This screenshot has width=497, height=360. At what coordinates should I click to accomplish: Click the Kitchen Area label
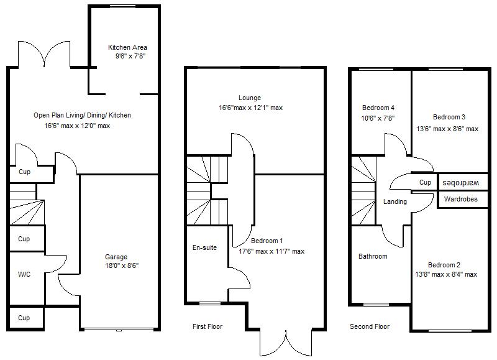[127, 47]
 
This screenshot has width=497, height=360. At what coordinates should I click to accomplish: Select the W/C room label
[24, 274]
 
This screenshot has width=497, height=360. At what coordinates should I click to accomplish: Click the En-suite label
[204, 247]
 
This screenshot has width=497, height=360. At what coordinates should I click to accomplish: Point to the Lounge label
[249, 98]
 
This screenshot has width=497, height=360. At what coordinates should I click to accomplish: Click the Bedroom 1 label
[267, 241]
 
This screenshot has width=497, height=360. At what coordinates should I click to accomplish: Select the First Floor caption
[207, 326]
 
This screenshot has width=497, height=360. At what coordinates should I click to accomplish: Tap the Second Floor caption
[370, 326]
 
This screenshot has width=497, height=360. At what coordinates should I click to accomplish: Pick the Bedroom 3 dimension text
[447, 129]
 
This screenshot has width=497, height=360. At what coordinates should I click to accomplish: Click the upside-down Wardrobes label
[460, 183]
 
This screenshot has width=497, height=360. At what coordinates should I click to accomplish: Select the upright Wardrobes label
[460, 200]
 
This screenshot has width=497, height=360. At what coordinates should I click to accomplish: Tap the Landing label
[395, 201]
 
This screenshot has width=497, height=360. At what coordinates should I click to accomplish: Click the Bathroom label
[373, 256]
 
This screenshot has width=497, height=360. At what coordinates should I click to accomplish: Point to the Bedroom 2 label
[445, 264]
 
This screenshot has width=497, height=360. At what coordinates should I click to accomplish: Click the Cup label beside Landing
[425, 183]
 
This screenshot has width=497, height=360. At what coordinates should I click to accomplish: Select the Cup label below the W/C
[24, 318]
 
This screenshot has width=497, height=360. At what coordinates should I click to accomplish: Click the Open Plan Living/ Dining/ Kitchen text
[82, 115]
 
